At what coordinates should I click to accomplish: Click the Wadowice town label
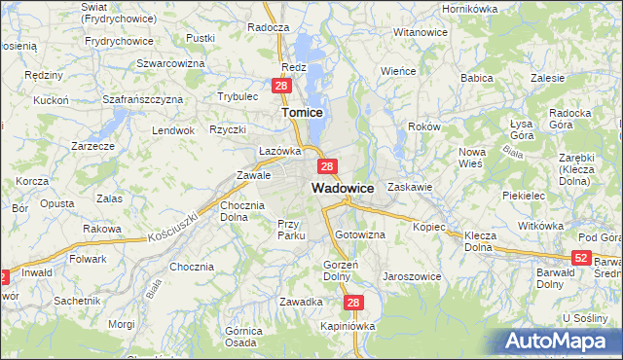point(343,187)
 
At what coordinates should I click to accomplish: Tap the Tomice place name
point(302,113)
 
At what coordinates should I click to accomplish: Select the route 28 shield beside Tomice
point(281,87)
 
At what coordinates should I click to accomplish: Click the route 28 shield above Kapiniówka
point(353,304)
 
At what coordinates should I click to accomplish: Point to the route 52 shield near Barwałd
point(581,257)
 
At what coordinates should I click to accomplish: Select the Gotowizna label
point(360,235)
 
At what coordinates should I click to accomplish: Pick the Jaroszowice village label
point(413,276)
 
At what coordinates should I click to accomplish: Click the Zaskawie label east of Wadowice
point(409,186)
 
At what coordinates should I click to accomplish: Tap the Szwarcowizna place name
point(169,62)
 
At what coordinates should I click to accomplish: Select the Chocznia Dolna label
point(242,211)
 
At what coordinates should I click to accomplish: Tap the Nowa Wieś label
point(472,158)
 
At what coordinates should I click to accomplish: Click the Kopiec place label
point(428,227)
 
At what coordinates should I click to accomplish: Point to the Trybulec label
point(238,96)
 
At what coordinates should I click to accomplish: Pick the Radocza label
point(269,28)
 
